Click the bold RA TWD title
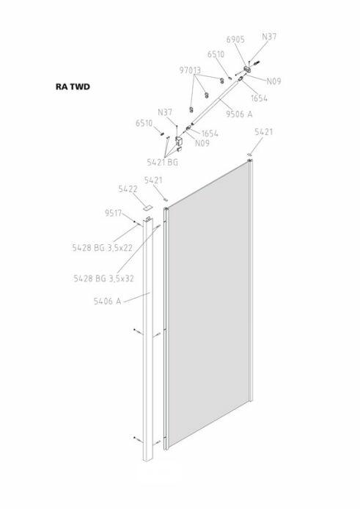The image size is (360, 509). (x=73, y=87)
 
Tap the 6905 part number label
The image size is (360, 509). (x=235, y=40)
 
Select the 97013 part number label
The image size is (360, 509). (x=190, y=70)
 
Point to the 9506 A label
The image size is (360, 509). (x=239, y=114)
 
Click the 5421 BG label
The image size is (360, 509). (x=162, y=162)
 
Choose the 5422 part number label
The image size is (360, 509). (x=128, y=189)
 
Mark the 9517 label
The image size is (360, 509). (x=113, y=213)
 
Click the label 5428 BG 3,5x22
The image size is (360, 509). (x=102, y=248)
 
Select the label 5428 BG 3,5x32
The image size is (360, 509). (x=103, y=278)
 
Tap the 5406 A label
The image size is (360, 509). (x=107, y=301)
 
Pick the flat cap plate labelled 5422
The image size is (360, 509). (x=147, y=207)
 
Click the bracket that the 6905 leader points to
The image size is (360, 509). (x=248, y=69)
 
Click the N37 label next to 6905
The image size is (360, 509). (x=269, y=37)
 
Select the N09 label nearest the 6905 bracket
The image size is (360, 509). (x=273, y=81)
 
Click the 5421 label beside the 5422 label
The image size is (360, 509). (x=153, y=180)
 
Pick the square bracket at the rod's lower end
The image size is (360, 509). (x=179, y=141)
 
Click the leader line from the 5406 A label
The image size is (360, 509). (x=136, y=298)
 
